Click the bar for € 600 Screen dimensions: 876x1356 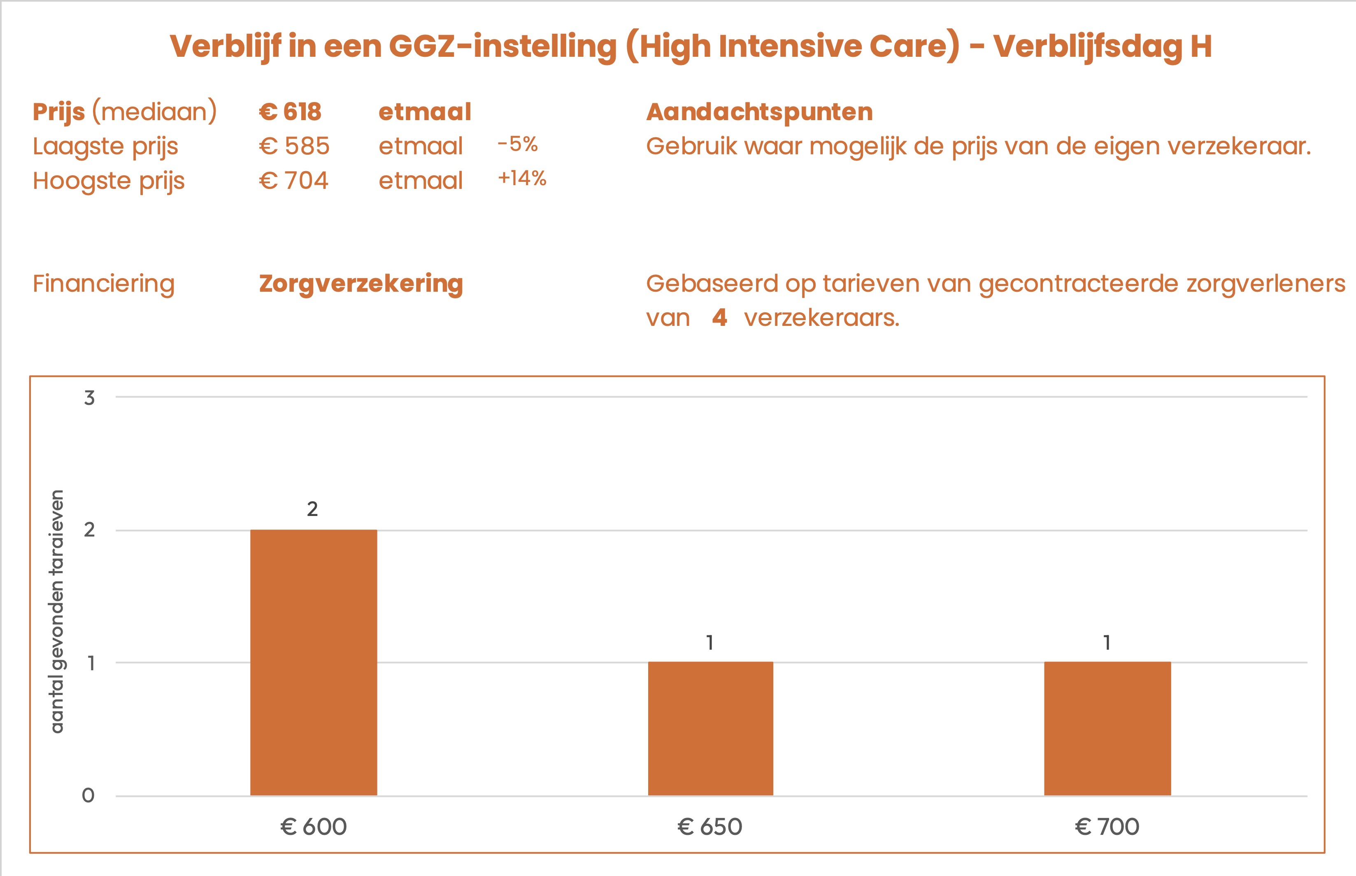pos(314,663)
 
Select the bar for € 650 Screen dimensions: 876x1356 pos(710,729)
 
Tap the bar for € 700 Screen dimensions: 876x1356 pos(1107,729)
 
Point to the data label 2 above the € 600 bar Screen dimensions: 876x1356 pos(312,509)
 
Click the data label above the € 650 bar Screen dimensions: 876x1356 pos(710,643)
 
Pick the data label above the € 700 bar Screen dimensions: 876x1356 pos(1107,643)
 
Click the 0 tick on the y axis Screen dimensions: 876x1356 pos(88,795)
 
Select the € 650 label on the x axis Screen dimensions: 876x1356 pos(710,827)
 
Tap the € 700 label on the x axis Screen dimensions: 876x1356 pos(1107,827)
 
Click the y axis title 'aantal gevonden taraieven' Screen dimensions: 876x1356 pos(58,611)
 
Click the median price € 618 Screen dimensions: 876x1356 pos(290,112)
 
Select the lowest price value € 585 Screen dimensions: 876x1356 pos(294,146)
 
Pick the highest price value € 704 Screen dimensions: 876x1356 pos(293,181)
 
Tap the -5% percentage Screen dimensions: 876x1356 pos(518,144)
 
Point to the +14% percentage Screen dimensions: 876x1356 pos(521,179)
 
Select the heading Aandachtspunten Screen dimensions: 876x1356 pos(759,112)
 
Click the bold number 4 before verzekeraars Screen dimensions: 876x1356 pos(719,317)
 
